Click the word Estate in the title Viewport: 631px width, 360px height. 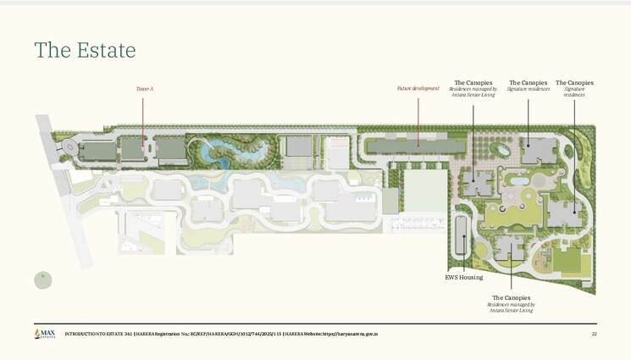(x=105, y=50)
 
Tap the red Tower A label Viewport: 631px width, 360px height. (x=144, y=88)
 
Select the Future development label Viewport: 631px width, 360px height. (x=418, y=88)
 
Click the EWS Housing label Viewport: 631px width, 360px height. (x=464, y=277)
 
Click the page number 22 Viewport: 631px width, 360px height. (x=594, y=335)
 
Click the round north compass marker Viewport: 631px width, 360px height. (x=42, y=280)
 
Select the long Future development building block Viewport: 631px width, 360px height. (x=416, y=147)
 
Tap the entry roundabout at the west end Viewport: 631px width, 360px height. (x=68, y=149)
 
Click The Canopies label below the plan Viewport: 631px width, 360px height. (x=511, y=297)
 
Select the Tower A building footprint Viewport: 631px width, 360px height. (x=133, y=150)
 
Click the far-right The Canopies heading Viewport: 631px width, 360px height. (x=574, y=82)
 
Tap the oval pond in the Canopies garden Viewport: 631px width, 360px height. (x=502, y=151)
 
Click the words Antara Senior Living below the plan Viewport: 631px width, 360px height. (x=511, y=310)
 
